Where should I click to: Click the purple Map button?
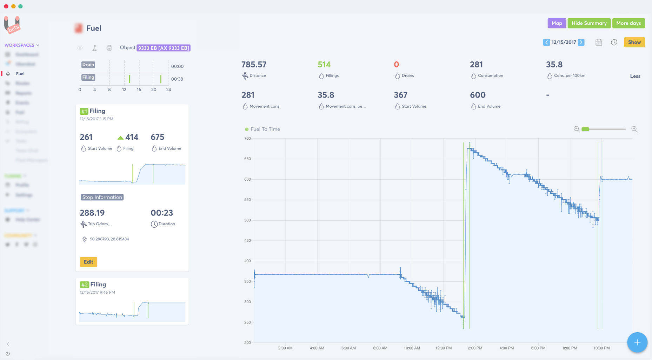click(557, 23)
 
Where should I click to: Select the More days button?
click(628, 23)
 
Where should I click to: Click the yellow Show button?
click(634, 42)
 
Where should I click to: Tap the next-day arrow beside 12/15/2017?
click(581, 42)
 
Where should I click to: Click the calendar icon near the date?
click(599, 42)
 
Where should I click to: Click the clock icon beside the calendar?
click(614, 42)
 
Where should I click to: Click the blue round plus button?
click(637, 342)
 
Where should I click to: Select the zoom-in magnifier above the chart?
click(634, 129)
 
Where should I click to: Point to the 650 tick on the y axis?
click(247, 159)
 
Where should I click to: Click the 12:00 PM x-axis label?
click(443, 348)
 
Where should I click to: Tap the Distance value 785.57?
click(254, 65)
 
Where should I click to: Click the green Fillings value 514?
click(324, 65)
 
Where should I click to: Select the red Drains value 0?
click(396, 65)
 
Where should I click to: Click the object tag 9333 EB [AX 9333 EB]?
click(164, 48)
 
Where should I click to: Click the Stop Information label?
click(102, 197)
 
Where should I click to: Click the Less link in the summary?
click(635, 76)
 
